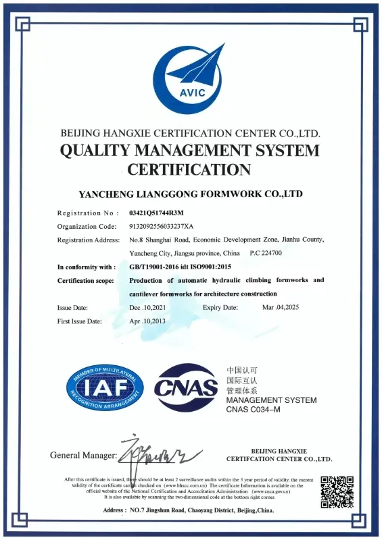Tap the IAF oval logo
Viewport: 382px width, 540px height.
[x=105, y=388]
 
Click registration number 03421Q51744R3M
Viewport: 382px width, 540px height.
[x=156, y=213]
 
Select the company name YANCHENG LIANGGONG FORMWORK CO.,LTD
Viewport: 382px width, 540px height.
[x=190, y=194]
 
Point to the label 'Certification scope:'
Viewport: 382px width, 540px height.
[x=85, y=281]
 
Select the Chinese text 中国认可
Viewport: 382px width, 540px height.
[x=242, y=371]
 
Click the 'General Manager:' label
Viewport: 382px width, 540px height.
[x=83, y=455]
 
